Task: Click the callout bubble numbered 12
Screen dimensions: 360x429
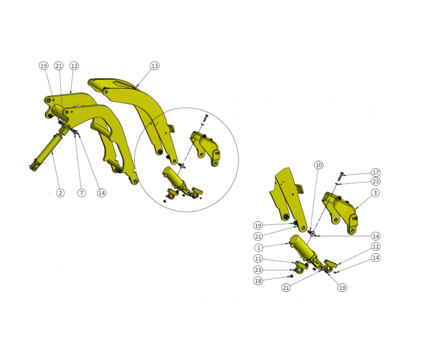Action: pos(74,66)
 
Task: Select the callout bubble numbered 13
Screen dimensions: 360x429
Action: pos(154,66)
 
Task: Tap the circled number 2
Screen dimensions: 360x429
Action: pos(60,193)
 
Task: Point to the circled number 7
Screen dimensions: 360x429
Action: pos(82,193)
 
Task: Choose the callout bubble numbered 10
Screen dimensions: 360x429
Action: pos(319,165)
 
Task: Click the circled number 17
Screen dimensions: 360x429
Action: pos(376,172)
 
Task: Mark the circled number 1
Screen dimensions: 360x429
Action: pos(258,247)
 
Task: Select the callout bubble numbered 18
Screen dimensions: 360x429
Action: pos(258,281)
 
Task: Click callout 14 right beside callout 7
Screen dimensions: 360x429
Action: pos(101,193)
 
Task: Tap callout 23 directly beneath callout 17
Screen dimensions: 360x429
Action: pos(376,181)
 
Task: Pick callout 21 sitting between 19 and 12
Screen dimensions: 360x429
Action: pos(59,66)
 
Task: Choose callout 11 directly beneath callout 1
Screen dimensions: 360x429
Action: pos(258,258)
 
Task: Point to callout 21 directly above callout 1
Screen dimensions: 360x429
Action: pos(258,237)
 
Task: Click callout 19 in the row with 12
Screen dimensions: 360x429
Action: pos(44,66)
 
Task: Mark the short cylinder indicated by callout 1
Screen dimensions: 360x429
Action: pos(302,247)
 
